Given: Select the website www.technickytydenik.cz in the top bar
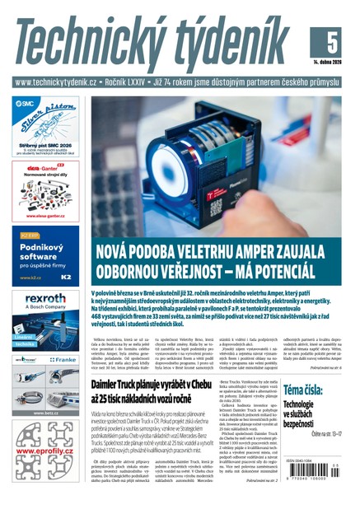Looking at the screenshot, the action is (x=56, y=82).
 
